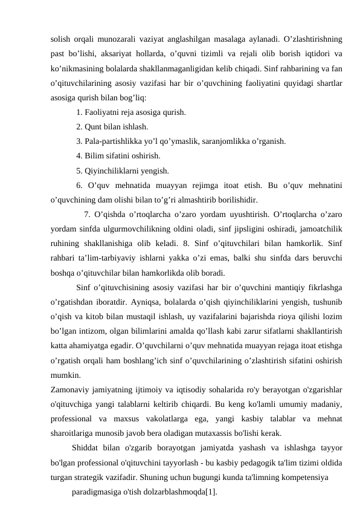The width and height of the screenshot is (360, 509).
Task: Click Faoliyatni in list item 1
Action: pyautogui.click(x=103, y=112)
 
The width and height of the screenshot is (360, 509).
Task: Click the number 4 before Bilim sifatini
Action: pyautogui.click(x=79, y=156)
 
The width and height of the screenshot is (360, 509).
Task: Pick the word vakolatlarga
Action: pyautogui.click(x=167, y=418)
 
